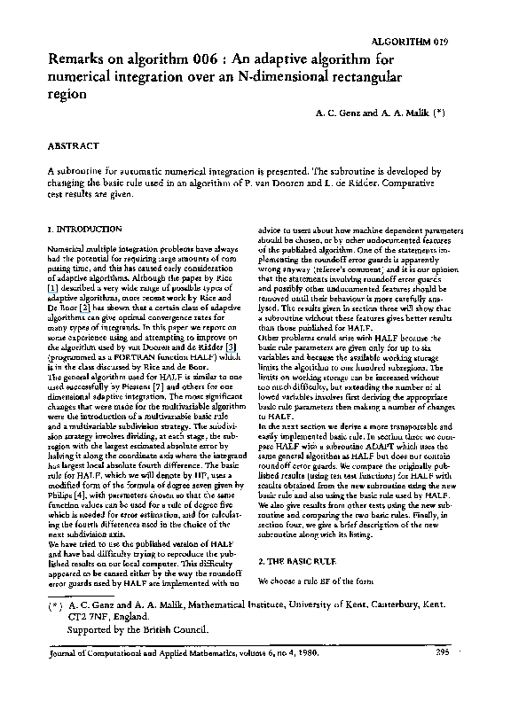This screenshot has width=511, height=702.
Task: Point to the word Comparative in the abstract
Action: click(426, 179)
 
